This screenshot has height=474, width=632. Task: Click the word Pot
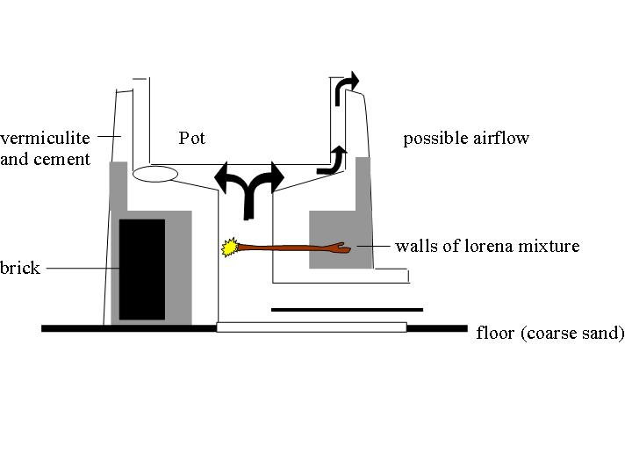pos(192,138)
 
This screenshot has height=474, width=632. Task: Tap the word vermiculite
pos(45,138)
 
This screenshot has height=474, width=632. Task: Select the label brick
pos(20,268)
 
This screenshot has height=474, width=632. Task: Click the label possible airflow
pos(466,138)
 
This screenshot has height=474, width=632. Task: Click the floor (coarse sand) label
pos(550,333)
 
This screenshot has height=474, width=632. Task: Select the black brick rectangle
pos(142,269)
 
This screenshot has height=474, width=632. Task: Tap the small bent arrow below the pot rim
pos(334,160)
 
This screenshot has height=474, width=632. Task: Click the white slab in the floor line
pos(312,327)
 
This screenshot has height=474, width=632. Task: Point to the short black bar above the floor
pos(347,309)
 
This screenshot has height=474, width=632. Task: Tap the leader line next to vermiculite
pos(107,136)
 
